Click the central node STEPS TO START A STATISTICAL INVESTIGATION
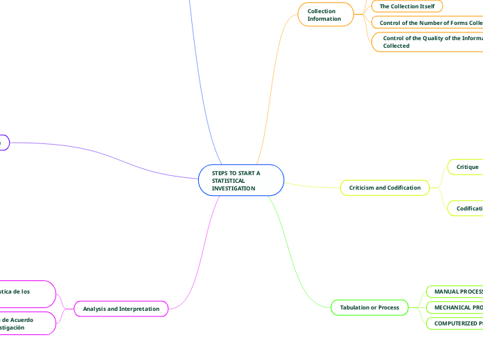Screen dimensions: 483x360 [x=241, y=180]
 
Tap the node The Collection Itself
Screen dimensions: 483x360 [x=407, y=6]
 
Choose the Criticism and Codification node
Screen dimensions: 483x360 [x=385, y=188]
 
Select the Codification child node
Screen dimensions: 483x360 [x=468, y=208]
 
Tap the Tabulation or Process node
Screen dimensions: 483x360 [x=369, y=307]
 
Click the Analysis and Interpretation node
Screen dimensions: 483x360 [x=121, y=308]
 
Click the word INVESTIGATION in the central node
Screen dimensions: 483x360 [x=234, y=188]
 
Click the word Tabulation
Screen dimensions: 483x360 [x=355, y=307]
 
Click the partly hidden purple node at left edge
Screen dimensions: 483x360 [x=3, y=142]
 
